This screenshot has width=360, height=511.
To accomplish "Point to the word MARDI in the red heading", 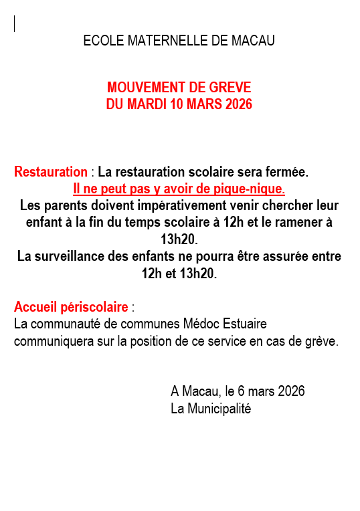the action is pyautogui.click(x=146, y=104).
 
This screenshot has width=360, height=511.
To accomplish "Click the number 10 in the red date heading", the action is pyautogui.click(x=176, y=104).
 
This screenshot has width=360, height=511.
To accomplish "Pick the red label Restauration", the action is pyautogui.click(x=51, y=172).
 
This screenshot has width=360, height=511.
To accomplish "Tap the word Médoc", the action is pyautogui.click(x=202, y=324).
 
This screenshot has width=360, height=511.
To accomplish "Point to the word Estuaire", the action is pyautogui.click(x=245, y=324).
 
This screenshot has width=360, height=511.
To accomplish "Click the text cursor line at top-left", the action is pyautogui.click(x=15, y=23).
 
